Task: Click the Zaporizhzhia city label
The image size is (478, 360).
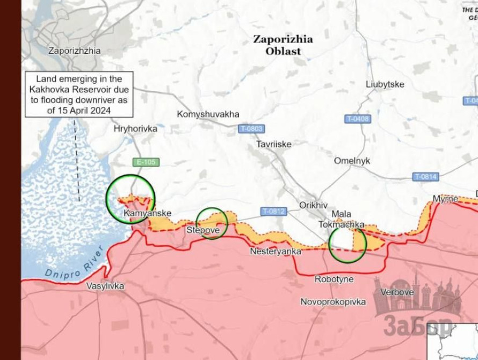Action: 74,51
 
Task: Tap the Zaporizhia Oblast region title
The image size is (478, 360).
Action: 283,45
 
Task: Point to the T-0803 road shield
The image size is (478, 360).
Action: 252,129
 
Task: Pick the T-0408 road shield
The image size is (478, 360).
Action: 357,119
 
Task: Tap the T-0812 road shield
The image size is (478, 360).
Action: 273,212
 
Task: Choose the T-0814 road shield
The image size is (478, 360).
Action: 425,176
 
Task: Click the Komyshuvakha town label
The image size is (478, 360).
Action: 208,114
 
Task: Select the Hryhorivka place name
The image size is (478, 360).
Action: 135,129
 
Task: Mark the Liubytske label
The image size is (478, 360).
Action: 385,84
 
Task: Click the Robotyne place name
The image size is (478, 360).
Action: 334,279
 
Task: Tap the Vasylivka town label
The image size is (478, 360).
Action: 105,286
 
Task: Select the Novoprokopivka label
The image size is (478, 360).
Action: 333,302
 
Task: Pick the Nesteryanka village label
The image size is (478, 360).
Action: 276,251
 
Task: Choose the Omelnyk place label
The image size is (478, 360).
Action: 352,161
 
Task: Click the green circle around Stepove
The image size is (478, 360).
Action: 212,223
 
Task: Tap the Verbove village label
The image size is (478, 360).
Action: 396,292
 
